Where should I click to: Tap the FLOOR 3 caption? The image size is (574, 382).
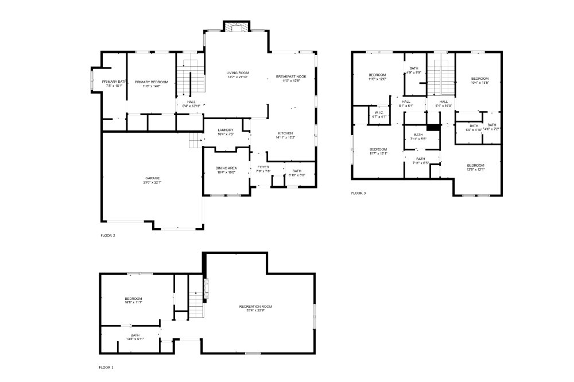pyautogui.click(x=358, y=194)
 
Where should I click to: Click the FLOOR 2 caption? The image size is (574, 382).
pyautogui.click(x=107, y=236)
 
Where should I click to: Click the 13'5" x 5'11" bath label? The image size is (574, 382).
pyautogui.click(x=135, y=337)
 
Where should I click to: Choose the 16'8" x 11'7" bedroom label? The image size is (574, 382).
pyautogui.click(x=133, y=300)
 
